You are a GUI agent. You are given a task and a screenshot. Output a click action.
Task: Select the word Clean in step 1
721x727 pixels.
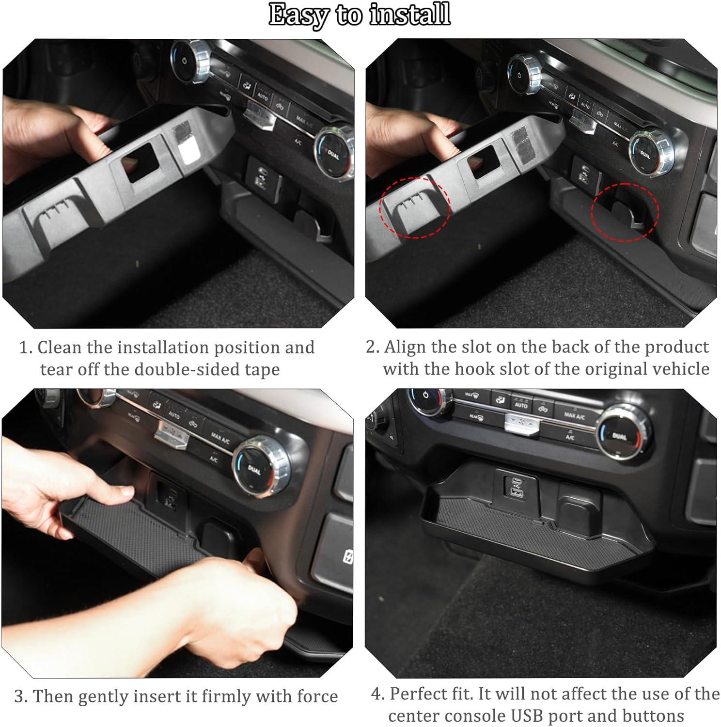pyautogui.click(x=61, y=347)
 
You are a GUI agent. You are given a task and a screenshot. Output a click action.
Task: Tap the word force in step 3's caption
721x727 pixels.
pyautogui.click(x=317, y=696)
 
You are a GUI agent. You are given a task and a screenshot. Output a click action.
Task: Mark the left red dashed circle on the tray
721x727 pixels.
pyautogui.click(x=415, y=207)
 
